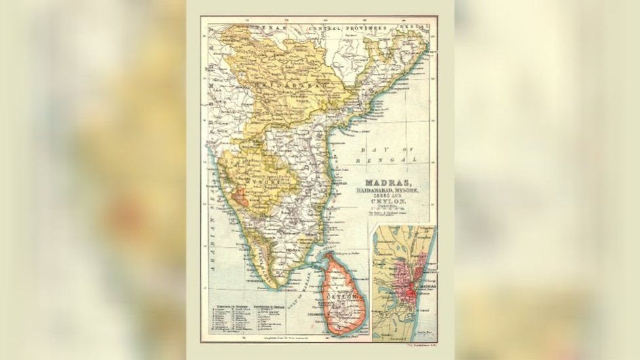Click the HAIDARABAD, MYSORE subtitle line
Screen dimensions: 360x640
388,190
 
